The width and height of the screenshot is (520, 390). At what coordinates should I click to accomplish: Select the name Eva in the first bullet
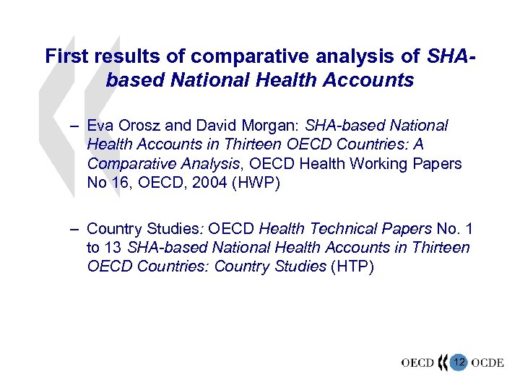[x=99, y=126]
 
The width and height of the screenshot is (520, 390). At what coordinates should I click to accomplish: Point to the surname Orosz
[x=135, y=126]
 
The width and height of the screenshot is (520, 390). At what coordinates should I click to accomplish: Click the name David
[x=204, y=126]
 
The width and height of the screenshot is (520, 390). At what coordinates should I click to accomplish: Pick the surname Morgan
[x=253, y=126]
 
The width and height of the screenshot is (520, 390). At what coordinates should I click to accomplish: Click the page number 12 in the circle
[x=458, y=361]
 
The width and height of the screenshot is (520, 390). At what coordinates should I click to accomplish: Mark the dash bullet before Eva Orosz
[x=74, y=126]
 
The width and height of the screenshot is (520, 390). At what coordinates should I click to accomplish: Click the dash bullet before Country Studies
[x=74, y=229]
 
